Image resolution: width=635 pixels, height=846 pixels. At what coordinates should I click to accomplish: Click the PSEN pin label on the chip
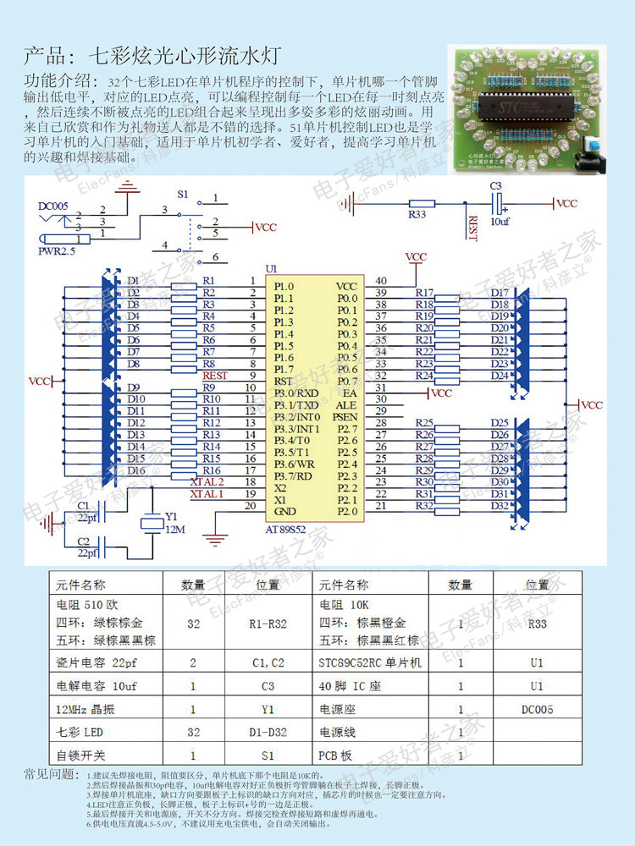[x=345, y=417]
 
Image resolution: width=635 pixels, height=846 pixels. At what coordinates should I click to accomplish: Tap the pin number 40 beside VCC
[x=381, y=281]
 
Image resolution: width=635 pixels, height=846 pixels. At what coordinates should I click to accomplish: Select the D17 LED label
[x=500, y=293]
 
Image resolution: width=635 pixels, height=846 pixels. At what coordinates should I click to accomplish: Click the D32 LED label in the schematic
[x=500, y=506]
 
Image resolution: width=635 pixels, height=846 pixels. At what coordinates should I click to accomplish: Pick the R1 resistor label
[x=210, y=280]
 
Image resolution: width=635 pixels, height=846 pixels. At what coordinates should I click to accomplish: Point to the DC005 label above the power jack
[x=53, y=206]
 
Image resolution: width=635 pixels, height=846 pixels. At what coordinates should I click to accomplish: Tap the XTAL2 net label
[x=207, y=481]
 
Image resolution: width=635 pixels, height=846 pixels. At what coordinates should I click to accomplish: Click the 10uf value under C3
[x=500, y=222]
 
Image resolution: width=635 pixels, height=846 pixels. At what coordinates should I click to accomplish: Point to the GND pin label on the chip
[x=285, y=512]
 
